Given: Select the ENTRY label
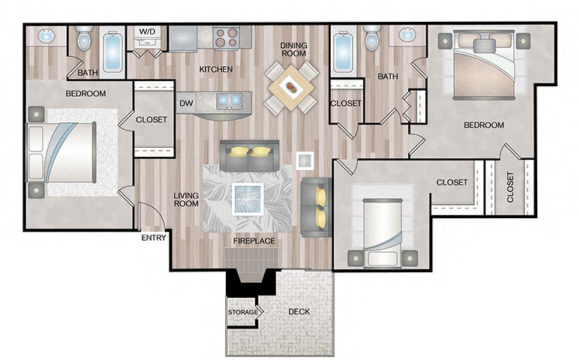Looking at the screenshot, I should [x=154, y=238].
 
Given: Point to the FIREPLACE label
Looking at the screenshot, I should [x=254, y=241].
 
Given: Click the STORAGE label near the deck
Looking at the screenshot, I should [x=243, y=311].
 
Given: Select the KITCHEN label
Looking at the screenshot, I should [x=215, y=70].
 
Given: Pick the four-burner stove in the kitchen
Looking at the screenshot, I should [x=227, y=37].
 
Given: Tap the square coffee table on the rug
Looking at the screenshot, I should [x=248, y=198].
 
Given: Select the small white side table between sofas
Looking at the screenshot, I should [x=305, y=160].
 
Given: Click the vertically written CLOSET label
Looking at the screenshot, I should [x=510, y=187].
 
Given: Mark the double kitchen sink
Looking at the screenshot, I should [x=228, y=99].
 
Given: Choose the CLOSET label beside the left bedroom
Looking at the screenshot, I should [x=152, y=119].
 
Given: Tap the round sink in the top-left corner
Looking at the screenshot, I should [x=45, y=36].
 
